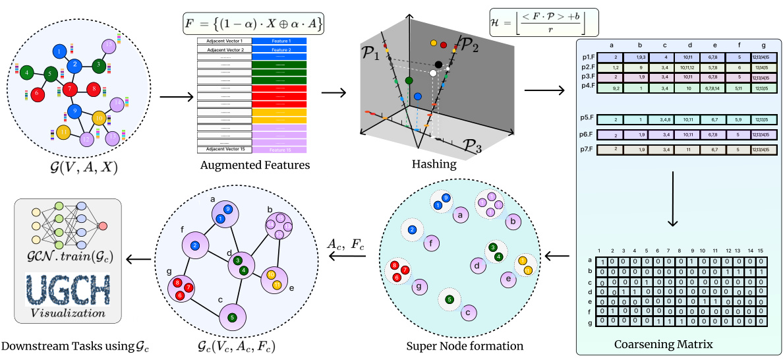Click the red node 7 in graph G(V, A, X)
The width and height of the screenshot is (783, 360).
71,88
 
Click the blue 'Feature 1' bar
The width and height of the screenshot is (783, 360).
279,41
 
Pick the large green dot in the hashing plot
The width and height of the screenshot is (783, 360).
409,80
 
